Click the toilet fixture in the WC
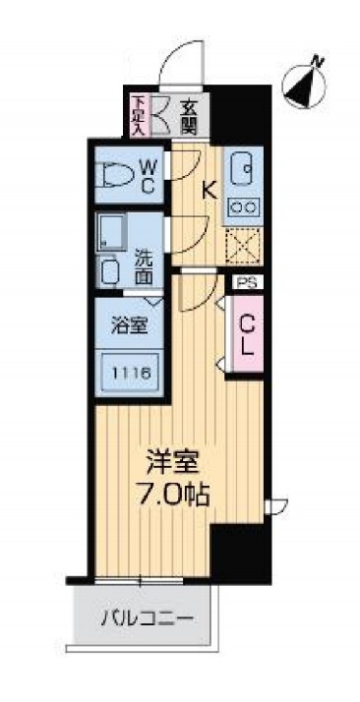117,175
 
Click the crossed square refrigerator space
243,245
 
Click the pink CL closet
246,333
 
